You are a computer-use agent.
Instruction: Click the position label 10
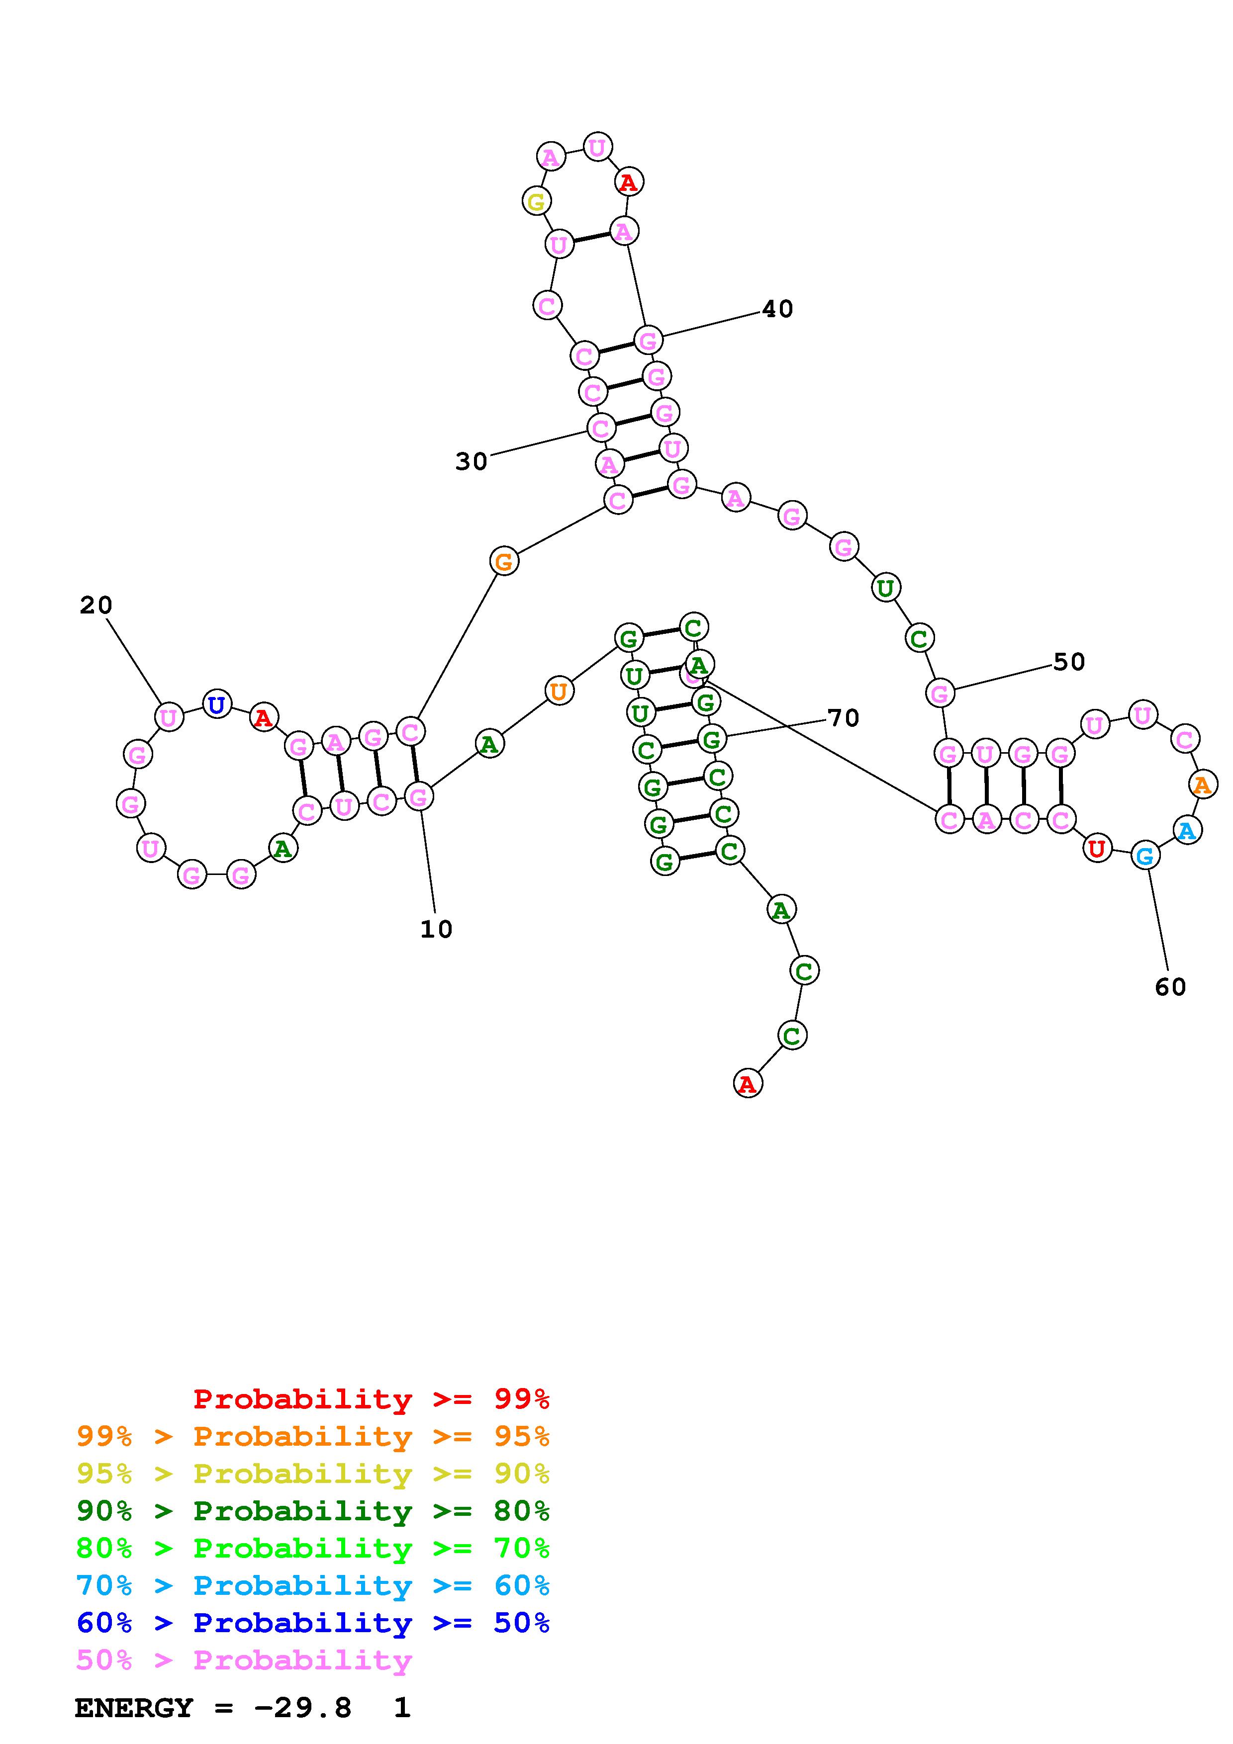pos(436,929)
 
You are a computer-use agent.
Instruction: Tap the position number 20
pos(95,606)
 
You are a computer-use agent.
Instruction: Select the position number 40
pos(777,309)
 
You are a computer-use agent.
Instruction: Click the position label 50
pos(1069,662)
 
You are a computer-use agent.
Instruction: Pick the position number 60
pos(1170,987)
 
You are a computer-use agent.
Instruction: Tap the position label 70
pos(843,718)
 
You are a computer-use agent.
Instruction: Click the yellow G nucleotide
pos(536,202)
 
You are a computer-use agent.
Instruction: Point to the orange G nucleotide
pos(504,562)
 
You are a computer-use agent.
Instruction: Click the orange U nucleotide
pos(559,691)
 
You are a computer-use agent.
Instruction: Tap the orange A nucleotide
pos(1202,784)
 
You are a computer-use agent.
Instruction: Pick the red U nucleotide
pos(1096,848)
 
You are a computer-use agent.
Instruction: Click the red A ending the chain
pos(748,1084)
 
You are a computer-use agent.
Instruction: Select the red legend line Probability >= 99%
pos(371,1399)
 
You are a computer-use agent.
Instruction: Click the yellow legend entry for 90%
pos(313,1474)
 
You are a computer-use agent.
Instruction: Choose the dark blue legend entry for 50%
pos(313,1623)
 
